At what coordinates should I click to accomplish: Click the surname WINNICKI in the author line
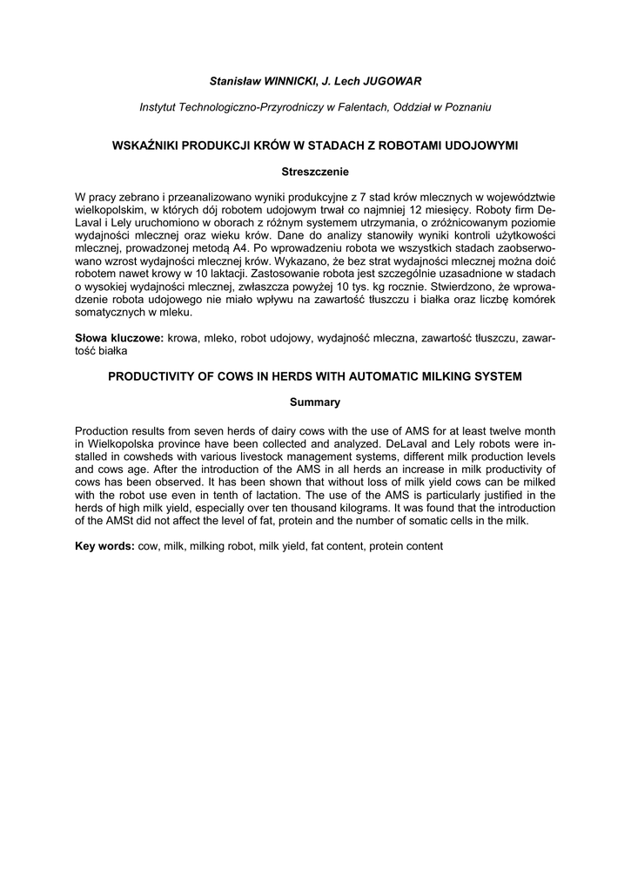click(x=287, y=81)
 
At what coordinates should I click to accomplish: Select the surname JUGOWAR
click(x=390, y=81)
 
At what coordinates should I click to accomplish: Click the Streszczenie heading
click(x=315, y=172)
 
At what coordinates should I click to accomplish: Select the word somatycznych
click(x=110, y=310)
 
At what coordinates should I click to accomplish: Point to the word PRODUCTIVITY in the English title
click(x=145, y=376)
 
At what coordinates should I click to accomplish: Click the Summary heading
click(x=315, y=402)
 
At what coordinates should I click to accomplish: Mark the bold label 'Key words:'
click(x=104, y=546)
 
